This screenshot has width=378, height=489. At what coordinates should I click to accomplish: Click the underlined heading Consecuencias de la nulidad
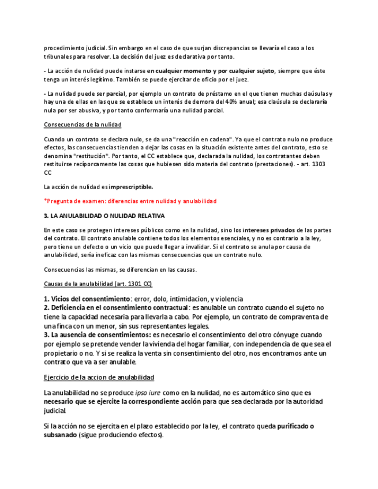point(83,125)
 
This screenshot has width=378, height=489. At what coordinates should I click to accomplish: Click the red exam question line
point(130,201)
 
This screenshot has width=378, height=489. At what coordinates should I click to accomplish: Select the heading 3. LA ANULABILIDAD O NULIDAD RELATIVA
point(104,216)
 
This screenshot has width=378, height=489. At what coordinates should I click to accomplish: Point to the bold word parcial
point(115,93)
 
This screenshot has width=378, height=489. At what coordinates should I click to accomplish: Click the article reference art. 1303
point(312,164)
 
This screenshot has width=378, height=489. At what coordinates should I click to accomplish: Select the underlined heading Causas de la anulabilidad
point(98,284)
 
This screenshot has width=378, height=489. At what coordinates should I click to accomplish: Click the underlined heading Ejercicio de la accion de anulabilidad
point(99,377)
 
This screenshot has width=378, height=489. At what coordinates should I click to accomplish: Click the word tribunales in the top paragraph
point(59,56)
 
